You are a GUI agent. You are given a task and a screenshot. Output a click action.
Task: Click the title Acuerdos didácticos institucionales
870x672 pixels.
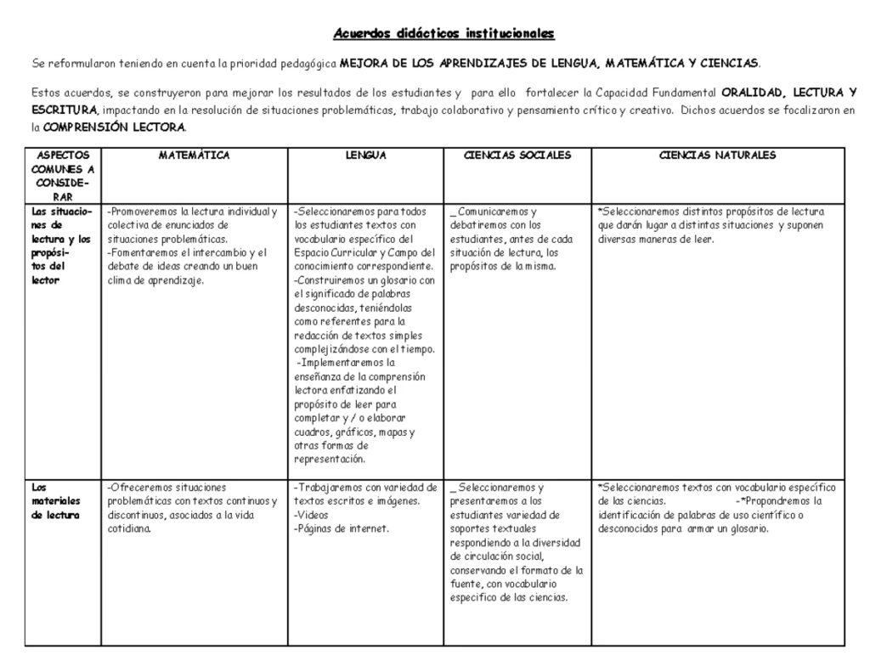443,34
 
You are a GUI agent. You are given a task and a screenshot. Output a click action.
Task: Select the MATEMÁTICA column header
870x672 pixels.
194,155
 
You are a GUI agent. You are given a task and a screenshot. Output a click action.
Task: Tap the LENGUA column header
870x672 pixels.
365,155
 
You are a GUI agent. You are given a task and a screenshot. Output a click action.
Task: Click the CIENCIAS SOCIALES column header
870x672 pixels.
517,155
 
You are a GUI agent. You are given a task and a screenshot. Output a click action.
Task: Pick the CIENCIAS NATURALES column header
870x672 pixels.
718,155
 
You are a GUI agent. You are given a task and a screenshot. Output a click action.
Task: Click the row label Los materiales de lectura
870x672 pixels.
56,501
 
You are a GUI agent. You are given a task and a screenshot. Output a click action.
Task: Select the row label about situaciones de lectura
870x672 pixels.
59,246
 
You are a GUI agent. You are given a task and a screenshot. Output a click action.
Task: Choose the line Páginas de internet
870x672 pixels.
342,528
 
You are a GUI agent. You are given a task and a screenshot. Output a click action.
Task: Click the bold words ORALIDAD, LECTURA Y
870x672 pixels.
788,93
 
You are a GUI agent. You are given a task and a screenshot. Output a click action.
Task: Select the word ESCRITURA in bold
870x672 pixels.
65,110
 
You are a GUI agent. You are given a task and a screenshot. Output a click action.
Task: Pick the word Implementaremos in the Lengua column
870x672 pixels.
340,363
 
